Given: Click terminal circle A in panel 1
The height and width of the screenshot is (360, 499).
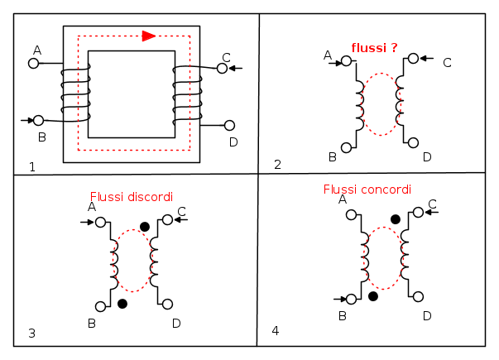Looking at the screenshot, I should tap(35, 63).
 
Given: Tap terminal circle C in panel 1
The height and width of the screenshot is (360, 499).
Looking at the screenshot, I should tap(222, 68).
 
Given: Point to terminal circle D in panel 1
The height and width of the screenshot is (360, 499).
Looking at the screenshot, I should tap(229, 126).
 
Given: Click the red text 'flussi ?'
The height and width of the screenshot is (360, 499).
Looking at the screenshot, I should tap(374, 48).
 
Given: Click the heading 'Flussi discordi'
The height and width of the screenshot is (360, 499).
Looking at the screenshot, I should tap(132, 197).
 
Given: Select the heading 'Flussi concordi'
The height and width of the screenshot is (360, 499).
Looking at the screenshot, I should tap(367, 189).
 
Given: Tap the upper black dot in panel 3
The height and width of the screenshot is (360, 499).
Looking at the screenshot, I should tap(145, 227).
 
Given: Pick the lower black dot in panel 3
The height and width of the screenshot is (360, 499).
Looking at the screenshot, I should tap(122, 304).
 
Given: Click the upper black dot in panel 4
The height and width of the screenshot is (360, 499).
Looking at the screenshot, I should tap(396, 219).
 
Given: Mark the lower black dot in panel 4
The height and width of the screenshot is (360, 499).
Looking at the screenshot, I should tap(373, 295).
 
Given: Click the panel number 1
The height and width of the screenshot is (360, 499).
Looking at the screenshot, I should tap(31, 167).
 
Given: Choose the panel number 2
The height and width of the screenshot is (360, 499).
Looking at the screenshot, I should tap(277, 164).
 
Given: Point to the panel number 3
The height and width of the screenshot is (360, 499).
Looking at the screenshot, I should tap(31, 334).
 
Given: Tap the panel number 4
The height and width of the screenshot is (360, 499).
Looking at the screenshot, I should tap(276, 331).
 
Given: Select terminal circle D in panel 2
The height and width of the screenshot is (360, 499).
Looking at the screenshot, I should tap(414, 142).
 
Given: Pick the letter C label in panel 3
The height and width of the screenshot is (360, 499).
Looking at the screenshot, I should tap(181, 211).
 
